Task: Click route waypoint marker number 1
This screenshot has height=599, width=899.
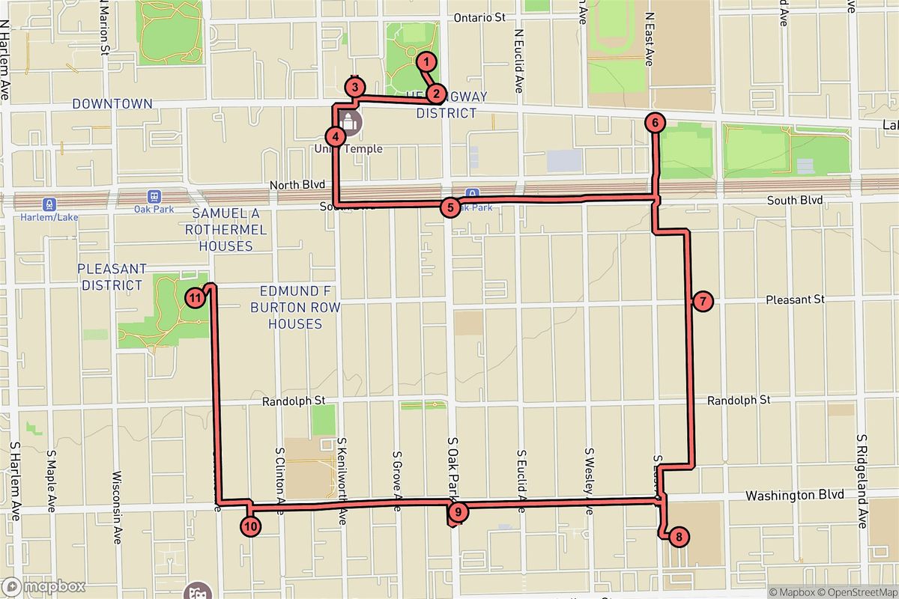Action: click(x=426, y=61)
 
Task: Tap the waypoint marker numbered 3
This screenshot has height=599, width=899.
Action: click(x=355, y=88)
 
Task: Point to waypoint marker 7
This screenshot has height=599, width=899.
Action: click(x=702, y=302)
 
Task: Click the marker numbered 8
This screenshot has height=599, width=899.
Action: click(x=678, y=536)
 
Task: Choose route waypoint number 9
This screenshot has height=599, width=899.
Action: click(x=458, y=512)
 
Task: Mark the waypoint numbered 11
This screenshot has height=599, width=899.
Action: click(x=195, y=298)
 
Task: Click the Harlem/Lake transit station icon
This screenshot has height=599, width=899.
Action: click(x=49, y=204)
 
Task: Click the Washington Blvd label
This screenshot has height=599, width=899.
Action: click(x=795, y=495)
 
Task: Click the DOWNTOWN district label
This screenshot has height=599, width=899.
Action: click(x=112, y=104)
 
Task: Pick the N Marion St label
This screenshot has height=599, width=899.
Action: click(x=103, y=27)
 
